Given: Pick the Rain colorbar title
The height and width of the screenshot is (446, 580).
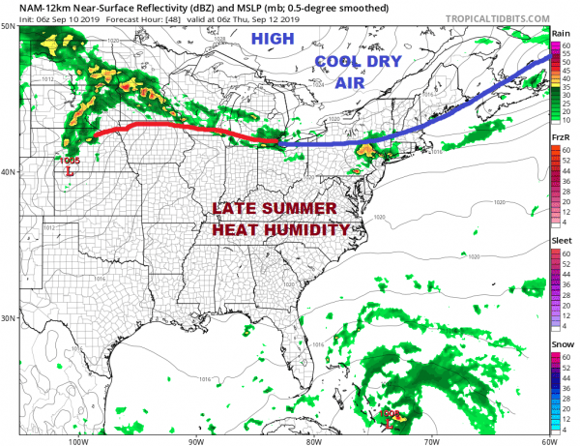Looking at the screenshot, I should click(x=560, y=32).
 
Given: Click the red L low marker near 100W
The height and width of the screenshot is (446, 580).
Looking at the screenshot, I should click(x=69, y=171).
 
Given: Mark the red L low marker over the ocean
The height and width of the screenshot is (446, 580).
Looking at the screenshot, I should click(x=389, y=423).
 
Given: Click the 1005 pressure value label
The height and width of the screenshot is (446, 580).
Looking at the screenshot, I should click(x=69, y=160).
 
